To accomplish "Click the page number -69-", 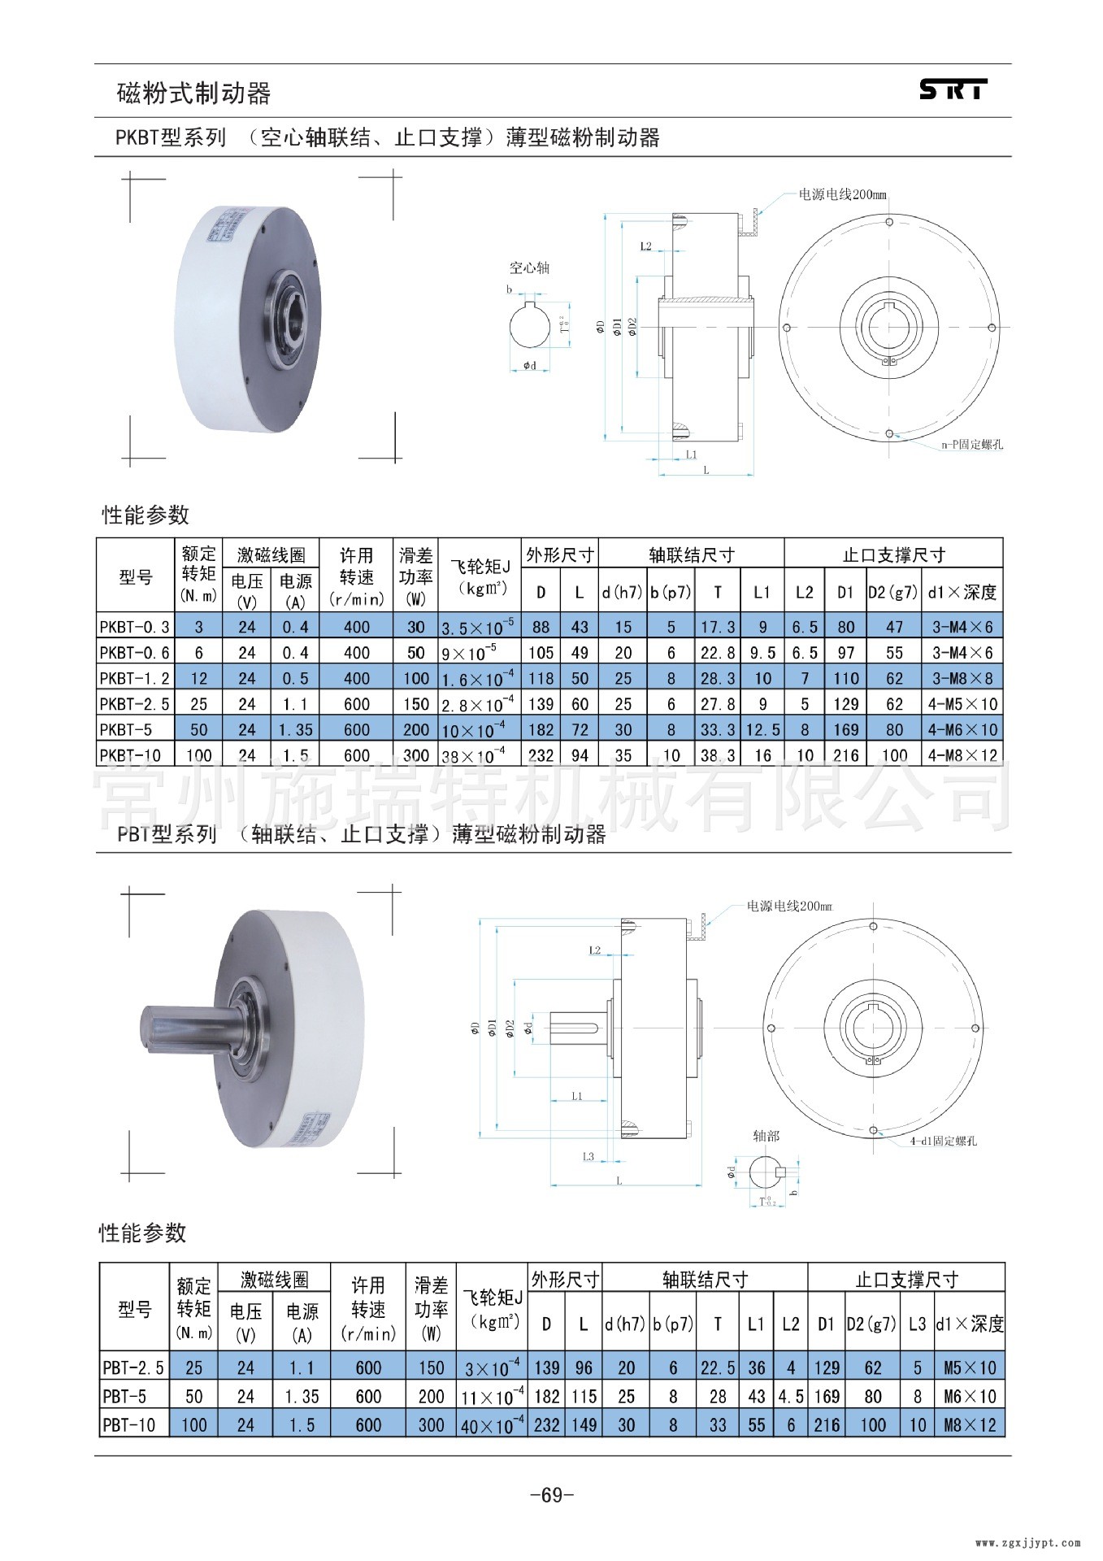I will pyautogui.click(x=551, y=1494).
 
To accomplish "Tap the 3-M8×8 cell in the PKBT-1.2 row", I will pyautogui.click(x=962, y=678).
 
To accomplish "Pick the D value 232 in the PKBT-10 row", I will pyautogui.click(x=541, y=755).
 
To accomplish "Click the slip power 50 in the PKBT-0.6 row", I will pyautogui.click(x=415, y=652).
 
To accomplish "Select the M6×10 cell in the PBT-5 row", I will pyautogui.click(x=969, y=1396).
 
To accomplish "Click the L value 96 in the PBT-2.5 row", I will pyautogui.click(x=584, y=1368).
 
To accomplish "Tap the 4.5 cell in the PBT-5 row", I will pyautogui.click(x=790, y=1396).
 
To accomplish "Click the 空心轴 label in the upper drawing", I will pyautogui.click(x=529, y=267).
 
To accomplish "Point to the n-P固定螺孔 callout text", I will pyautogui.click(x=971, y=445).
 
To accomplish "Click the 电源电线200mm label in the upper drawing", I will pyautogui.click(x=842, y=195).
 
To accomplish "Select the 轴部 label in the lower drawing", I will pyautogui.click(x=765, y=1135).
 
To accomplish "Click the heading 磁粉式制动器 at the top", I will pyautogui.click(x=193, y=93).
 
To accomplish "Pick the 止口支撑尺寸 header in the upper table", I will pyautogui.click(x=893, y=554).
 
